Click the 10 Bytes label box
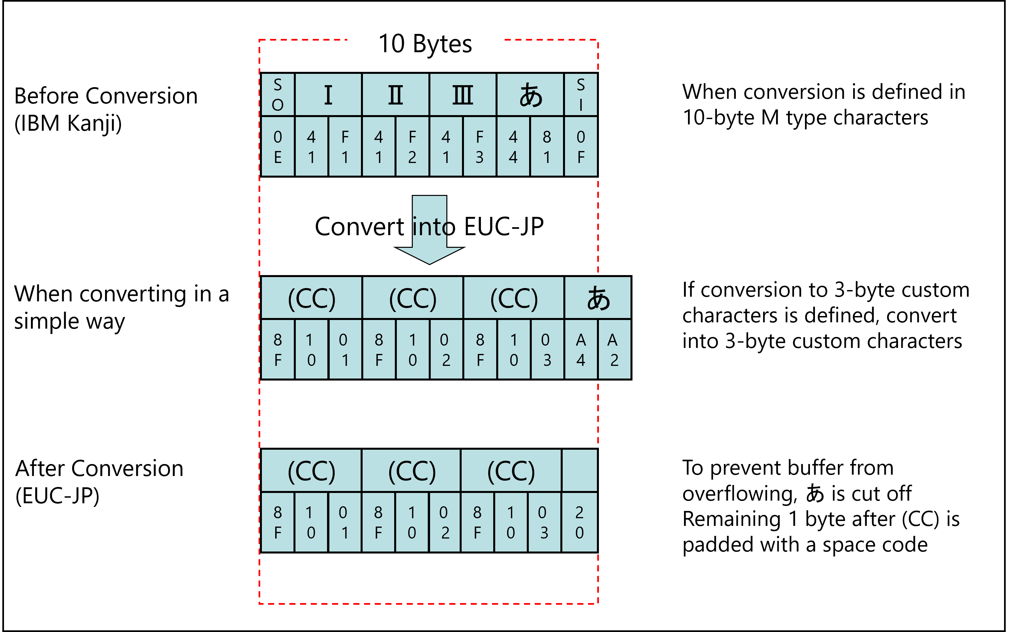coord(425,43)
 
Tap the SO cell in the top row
coord(278,94)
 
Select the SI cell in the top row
coord(580,94)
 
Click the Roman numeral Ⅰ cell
coord(328,94)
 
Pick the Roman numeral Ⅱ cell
coord(396,94)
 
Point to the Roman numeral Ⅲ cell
coord(463,94)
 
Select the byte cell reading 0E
coord(278,146)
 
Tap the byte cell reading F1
coord(345,146)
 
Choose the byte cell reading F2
coord(412,146)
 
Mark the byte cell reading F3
coord(479,146)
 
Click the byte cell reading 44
coord(513,146)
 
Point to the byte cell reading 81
coord(547,146)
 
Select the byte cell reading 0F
coord(580,146)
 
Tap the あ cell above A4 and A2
coord(598,298)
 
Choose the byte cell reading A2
coord(614,350)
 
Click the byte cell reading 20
coord(579,522)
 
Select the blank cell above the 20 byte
coord(579,470)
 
